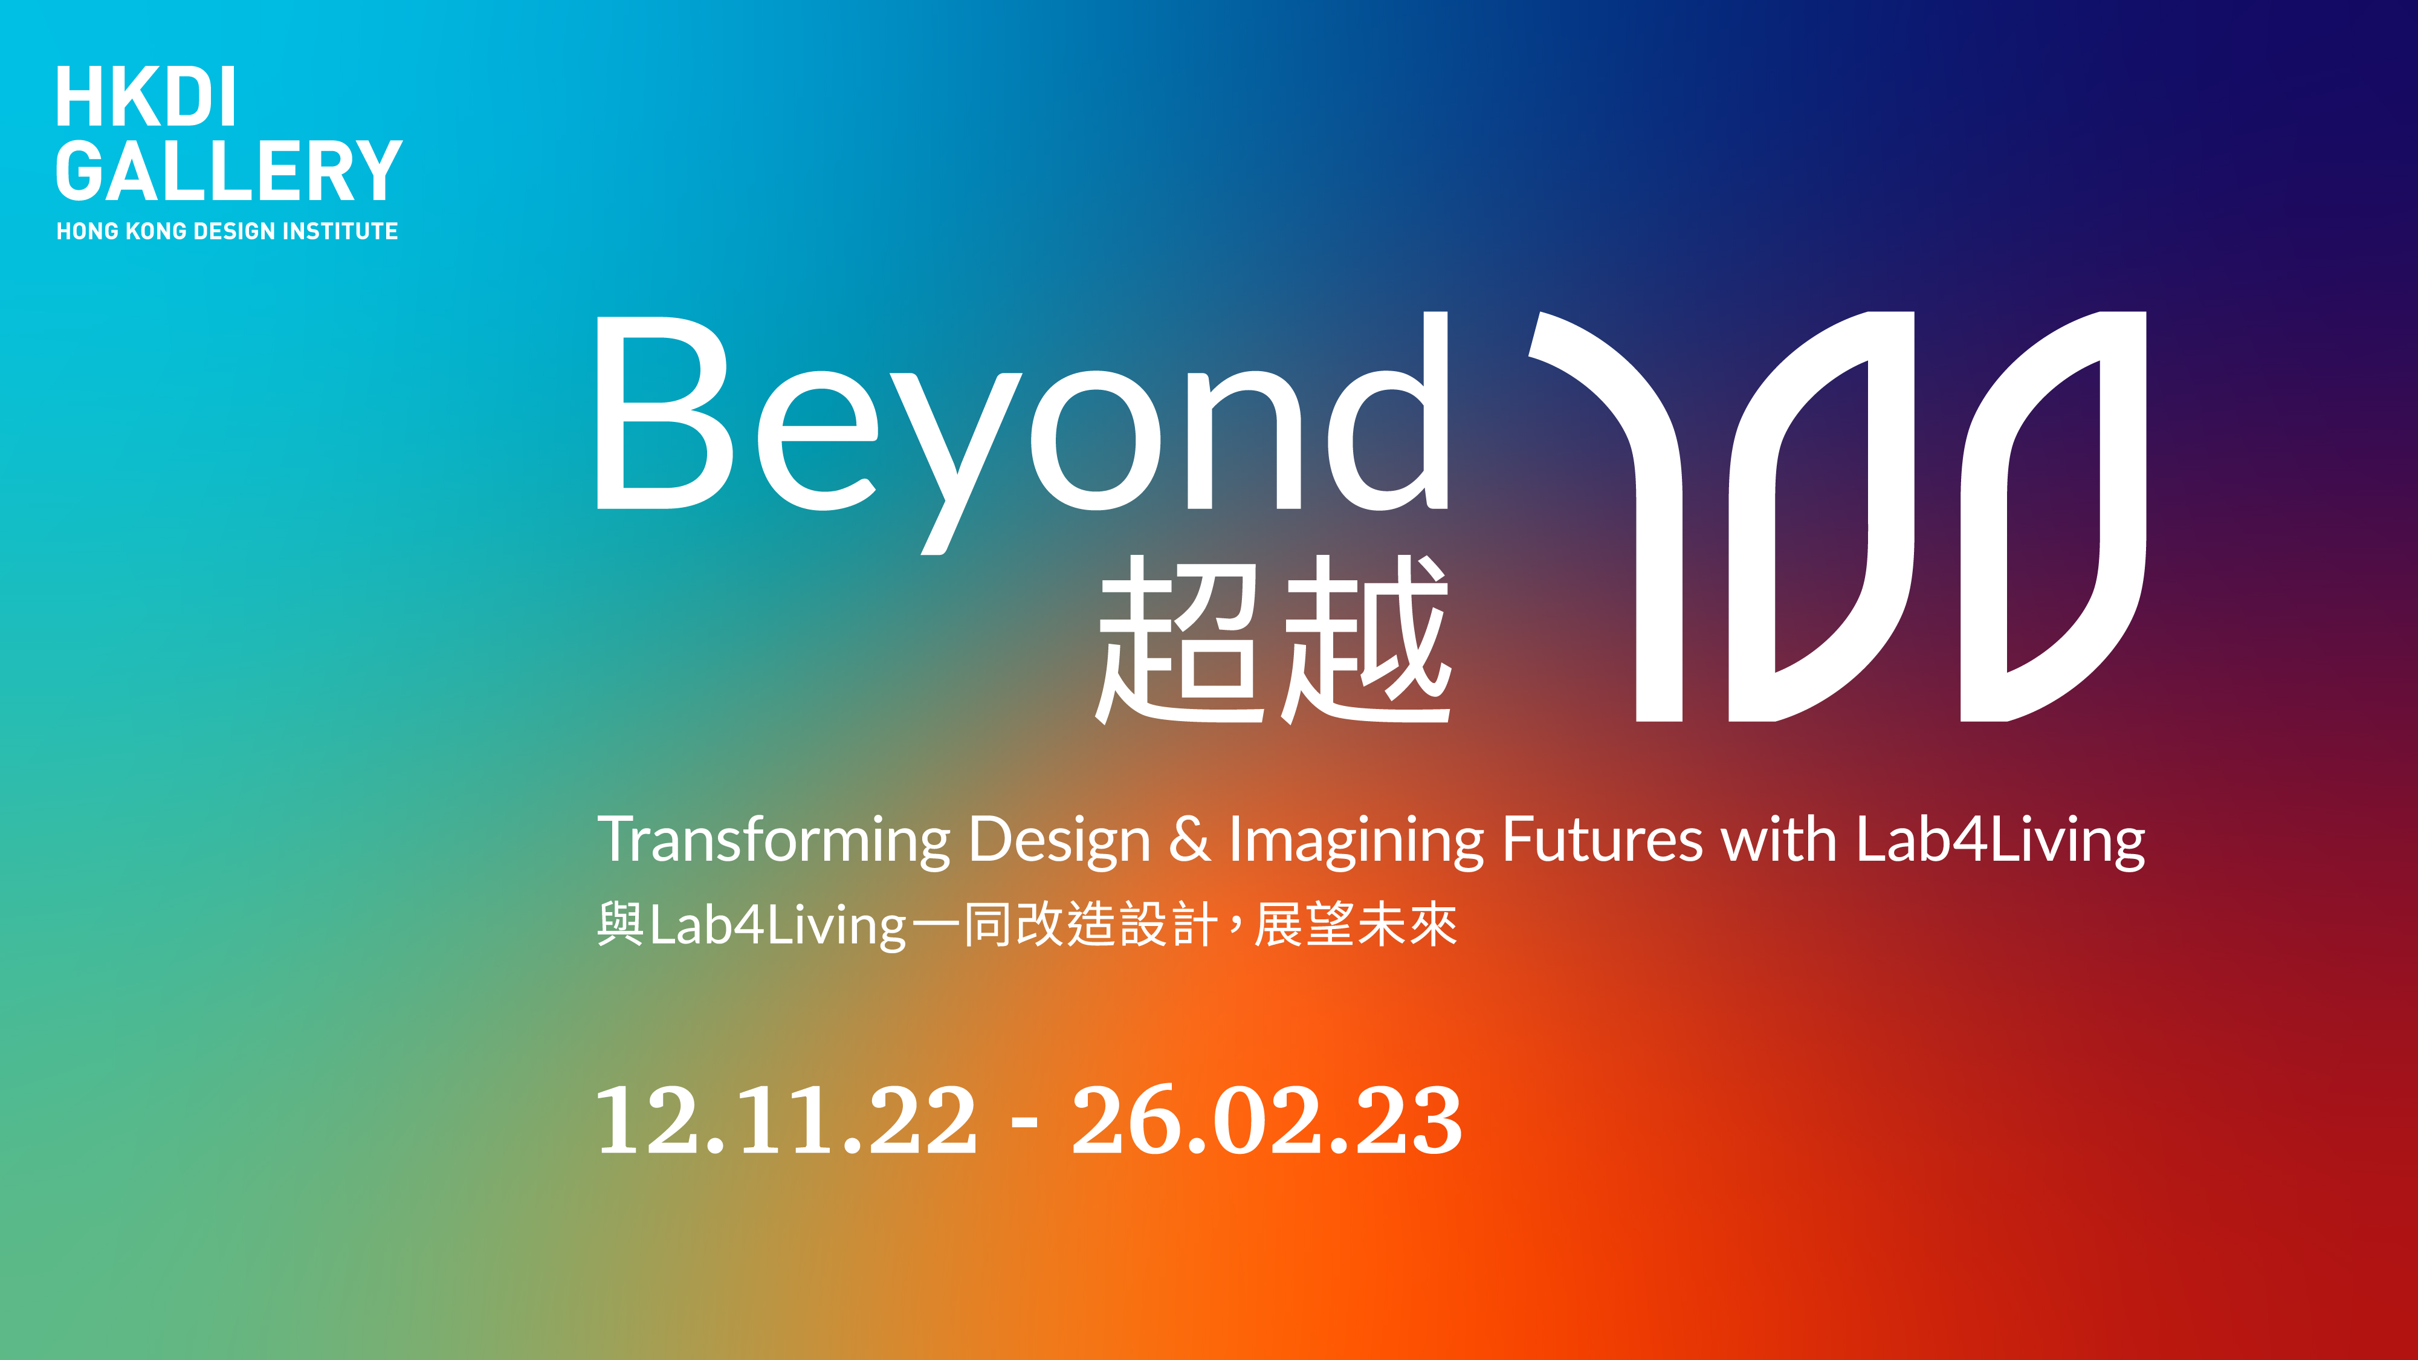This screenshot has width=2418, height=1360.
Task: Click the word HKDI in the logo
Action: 146,97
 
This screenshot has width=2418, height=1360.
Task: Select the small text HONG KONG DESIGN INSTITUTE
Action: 227,231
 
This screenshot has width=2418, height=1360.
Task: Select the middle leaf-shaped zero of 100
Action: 1821,516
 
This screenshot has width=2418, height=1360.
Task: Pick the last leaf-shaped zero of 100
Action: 2053,516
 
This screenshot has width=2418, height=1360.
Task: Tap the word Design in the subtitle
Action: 1059,840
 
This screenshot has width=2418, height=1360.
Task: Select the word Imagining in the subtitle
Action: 1356,840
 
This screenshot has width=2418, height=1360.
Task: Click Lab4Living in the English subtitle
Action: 2000,840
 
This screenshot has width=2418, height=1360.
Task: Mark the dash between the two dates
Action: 1025,1122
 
